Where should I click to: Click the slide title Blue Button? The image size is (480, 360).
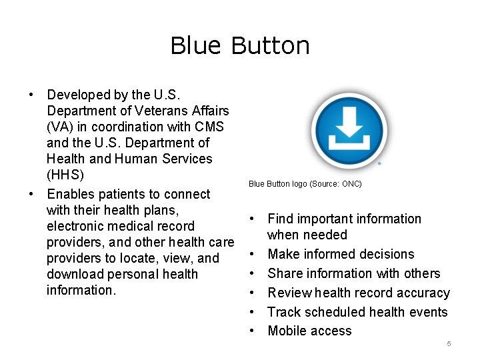240,46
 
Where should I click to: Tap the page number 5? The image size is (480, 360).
449,343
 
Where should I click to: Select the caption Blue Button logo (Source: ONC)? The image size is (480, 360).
305,183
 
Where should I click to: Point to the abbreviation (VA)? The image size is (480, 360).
59,127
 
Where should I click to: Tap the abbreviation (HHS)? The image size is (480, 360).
65,175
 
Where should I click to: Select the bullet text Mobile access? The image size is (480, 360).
309,331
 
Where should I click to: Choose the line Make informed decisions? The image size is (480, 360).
341,254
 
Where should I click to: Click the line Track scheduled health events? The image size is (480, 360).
357,312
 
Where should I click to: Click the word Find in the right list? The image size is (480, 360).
280,219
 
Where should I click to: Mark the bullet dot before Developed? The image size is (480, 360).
31,95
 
